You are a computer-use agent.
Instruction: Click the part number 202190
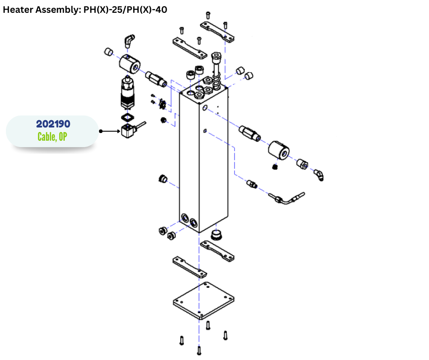point(53,124)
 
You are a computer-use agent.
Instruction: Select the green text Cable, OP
point(52,136)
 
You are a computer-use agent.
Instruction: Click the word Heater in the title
point(17,10)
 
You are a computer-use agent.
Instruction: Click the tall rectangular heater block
point(204,160)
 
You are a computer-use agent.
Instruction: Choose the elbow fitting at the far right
point(319,174)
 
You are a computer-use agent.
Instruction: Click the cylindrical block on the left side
point(130,64)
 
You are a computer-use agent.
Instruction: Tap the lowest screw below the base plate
point(199,351)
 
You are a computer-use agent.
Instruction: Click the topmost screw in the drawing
point(208,16)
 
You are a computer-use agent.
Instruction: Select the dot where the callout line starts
point(100,131)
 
